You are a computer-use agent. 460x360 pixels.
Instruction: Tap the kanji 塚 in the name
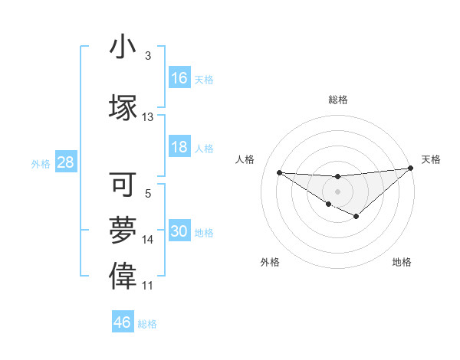pyautogui.click(x=123, y=106)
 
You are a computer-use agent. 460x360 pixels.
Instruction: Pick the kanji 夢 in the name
pyautogui.click(x=123, y=231)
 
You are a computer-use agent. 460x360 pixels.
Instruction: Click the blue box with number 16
pyautogui.click(x=179, y=78)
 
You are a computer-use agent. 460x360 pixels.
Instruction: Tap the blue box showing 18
pyautogui.click(x=179, y=148)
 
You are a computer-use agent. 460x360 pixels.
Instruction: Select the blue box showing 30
pyautogui.click(x=179, y=232)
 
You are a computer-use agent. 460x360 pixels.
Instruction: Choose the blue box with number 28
pyautogui.click(x=66, y=162)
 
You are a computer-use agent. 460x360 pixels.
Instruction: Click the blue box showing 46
pyautogui.click(x=123, y=322)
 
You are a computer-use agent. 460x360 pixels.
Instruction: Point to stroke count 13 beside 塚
pyautogui.click(x=148, y=117)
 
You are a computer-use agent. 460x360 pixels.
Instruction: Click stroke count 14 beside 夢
pyautogui.click(x=148, y=240)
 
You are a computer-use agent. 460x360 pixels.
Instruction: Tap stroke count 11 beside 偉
pyautogui.click(x=148, y=286)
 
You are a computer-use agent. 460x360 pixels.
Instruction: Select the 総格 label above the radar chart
pyautogui.click(x=338, y=100)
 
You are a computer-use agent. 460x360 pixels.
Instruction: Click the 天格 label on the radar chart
pyautogui.click(x=431, y=159)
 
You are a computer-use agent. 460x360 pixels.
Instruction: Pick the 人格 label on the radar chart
pyautogui.click(x=245, y=159)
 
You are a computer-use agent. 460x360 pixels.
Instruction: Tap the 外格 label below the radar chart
pyautogui.click(x=270, y=263)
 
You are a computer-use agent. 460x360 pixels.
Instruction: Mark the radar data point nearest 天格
pyautogui.click(x=411, y=168)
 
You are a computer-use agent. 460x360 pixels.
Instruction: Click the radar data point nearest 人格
pyautogui.click(x=279, y=172)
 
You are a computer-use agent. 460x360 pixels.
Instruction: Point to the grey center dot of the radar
pyautogui.click(x=337, y=190)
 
